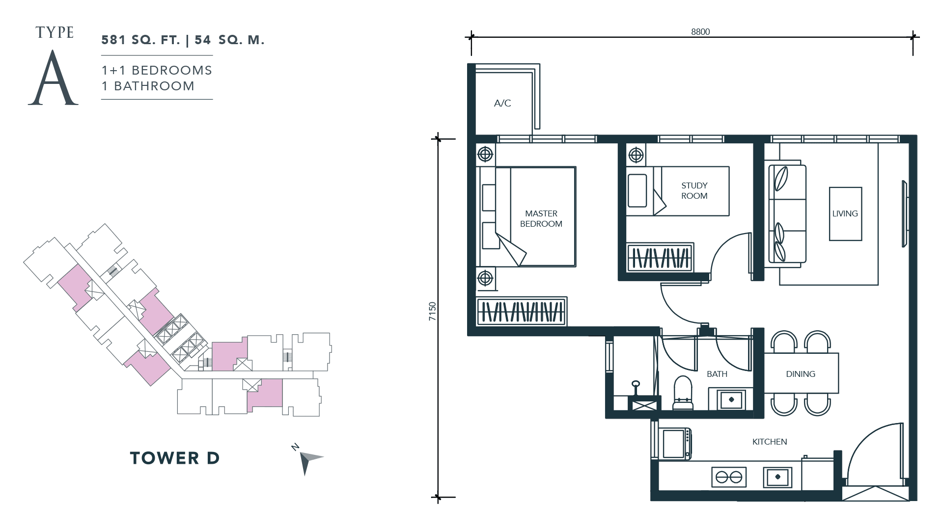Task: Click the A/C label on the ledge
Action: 502,103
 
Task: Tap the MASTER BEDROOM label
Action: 541,218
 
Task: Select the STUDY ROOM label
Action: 694,190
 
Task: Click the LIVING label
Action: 845,213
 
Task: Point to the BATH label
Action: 717,374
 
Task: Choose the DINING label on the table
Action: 801,374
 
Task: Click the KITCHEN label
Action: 770,442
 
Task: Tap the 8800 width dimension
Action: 700,32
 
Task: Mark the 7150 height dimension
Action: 432,312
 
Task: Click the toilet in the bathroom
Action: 683,393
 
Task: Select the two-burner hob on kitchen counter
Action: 729,477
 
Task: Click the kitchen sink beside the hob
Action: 777,477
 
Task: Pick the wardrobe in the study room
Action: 660,257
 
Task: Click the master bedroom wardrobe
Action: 522,311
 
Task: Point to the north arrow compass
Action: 308,460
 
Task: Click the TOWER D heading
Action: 175,458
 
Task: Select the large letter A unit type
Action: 53,79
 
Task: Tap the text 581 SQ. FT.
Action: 140,40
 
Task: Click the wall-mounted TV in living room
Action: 905,214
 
